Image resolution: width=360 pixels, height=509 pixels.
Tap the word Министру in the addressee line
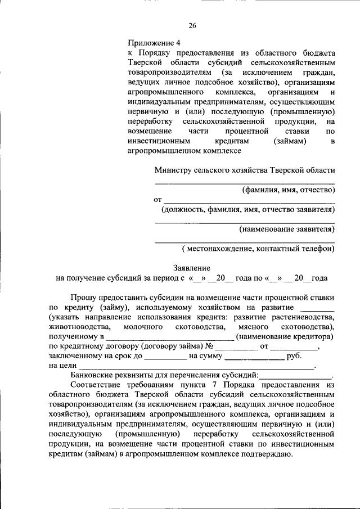171,170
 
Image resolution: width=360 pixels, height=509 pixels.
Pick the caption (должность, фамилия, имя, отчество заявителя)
248,210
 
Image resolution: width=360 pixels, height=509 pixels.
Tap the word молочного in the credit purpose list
140,327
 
